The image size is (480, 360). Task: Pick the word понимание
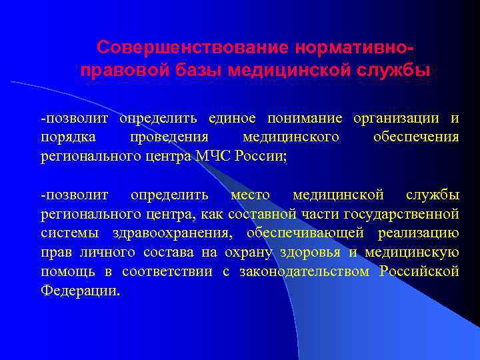(x=305, y=119)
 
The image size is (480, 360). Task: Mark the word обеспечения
(x=416, y=137)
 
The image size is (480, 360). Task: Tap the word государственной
(x=401, y=215)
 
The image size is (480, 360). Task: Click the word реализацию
(x=418, y=233)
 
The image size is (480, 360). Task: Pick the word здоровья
(x=313, y=252)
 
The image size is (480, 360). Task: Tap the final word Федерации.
(x=81, y=291)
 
